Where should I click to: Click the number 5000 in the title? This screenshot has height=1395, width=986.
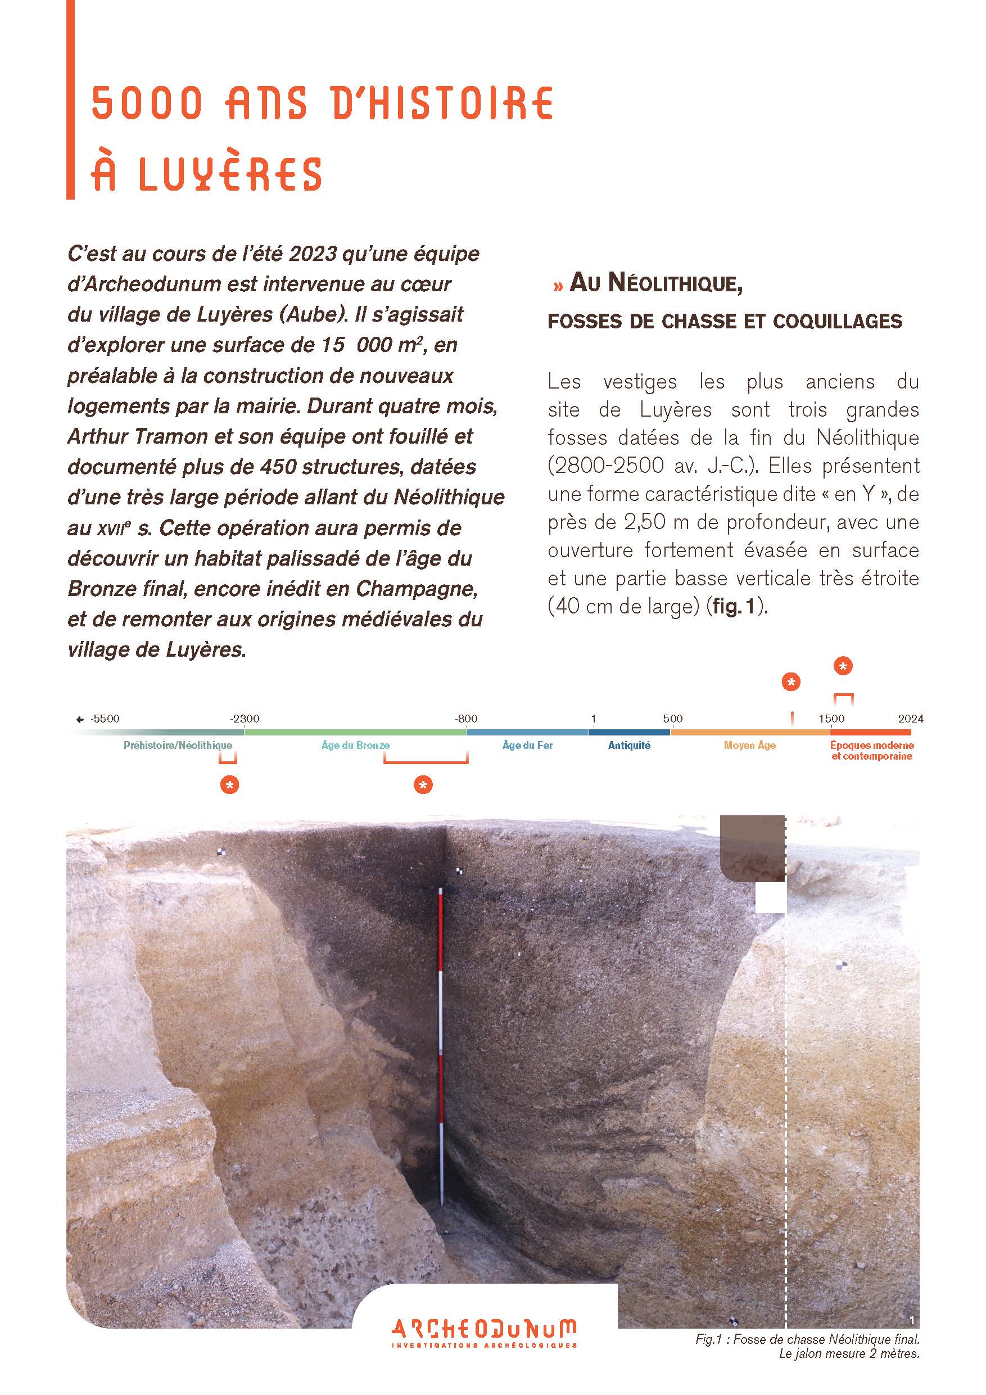[146, 103]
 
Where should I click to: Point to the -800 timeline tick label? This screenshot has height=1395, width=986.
[467, 719]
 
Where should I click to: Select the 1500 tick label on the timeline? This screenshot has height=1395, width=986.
[831, 719]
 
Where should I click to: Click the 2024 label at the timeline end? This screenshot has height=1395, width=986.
[911, 719]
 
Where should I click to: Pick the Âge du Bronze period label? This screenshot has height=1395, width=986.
[355, 746]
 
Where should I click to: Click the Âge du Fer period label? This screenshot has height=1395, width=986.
[527, 746]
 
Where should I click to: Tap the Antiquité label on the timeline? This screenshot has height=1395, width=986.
[629, 746]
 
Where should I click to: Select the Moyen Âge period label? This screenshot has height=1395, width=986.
[750, 746]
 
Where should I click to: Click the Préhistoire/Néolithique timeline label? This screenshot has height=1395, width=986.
[178, 746]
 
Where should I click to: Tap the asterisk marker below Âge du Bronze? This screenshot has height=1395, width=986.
[423, 785]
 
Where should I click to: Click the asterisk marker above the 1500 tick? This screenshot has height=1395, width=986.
[843, 666]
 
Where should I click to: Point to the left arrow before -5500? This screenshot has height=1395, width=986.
[80, 719]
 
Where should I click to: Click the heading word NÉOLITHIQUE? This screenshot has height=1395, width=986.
[675, 284]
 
